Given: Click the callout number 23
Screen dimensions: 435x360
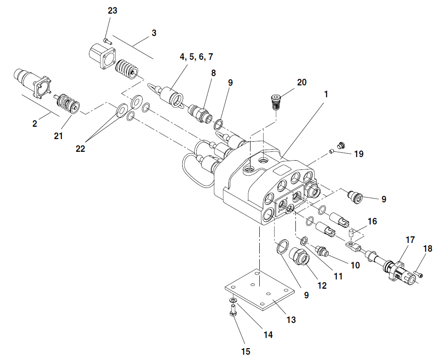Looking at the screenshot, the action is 112,11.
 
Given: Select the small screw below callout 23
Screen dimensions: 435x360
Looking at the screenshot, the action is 107,41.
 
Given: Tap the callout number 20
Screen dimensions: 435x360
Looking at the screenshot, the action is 302,82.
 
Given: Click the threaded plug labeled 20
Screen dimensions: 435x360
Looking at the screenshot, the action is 276,102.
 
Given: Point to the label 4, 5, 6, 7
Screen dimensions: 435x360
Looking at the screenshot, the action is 196,57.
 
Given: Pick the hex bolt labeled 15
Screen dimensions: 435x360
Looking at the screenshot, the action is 233,310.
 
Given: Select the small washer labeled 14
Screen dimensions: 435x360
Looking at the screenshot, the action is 233,300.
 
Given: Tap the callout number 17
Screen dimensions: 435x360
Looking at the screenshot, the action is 410,239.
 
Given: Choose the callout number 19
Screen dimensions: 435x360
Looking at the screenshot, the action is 359,154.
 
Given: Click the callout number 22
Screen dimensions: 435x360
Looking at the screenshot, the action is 81,149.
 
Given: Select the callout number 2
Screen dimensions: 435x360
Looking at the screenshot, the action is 35,124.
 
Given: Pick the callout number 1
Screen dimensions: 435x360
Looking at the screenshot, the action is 326,94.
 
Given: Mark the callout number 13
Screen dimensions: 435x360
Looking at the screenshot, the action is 291,320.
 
